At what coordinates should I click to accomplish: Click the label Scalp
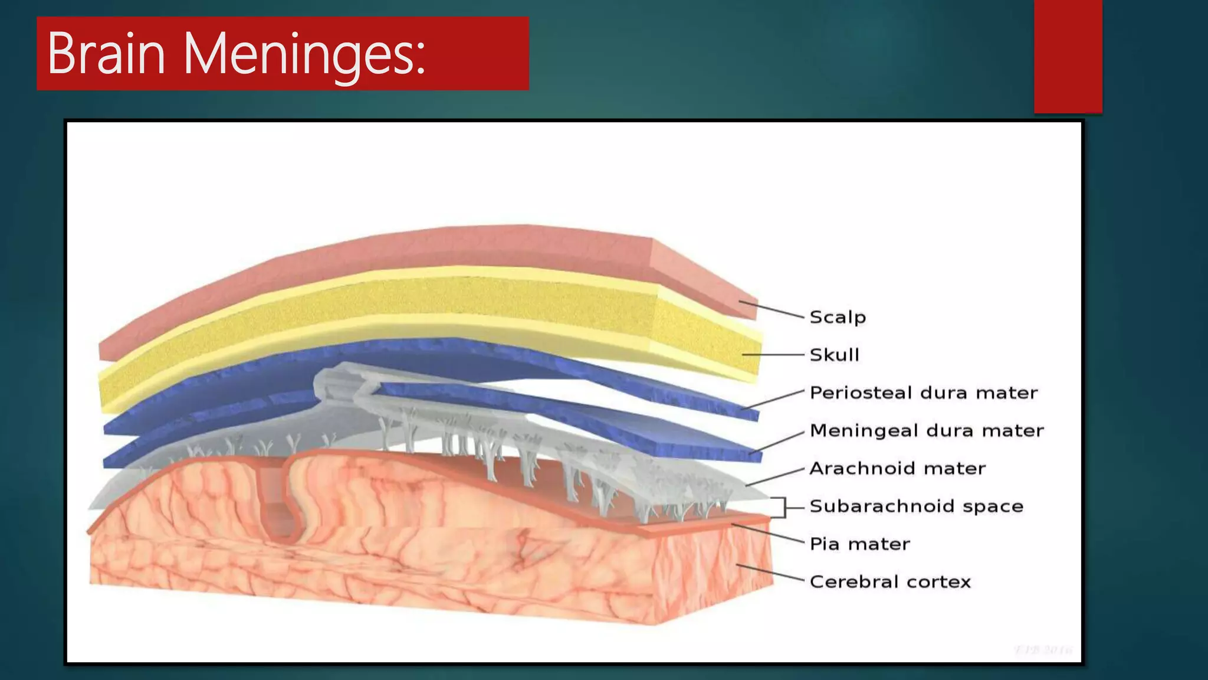coord(838,317)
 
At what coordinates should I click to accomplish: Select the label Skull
coord(834,355)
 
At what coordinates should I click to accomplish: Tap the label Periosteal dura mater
coord(923,393)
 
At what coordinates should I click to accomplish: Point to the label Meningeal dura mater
coord(926,430)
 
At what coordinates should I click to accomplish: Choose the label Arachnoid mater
coord(897,468)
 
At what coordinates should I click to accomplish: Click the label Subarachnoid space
coord(916,506)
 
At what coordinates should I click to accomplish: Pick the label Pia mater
coord(859,544)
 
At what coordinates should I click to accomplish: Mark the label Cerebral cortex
coord(889,581)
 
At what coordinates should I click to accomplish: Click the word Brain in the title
coord(106,54)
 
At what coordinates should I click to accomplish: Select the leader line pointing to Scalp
coord(772,309)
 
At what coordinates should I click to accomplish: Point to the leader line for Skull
coord(773,354)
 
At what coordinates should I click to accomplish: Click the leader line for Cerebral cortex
coord(770,573)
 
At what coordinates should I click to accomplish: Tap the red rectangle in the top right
coord(1068,56)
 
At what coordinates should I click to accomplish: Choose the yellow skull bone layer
coord(413,301)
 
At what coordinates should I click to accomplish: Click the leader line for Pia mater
coord(767,533)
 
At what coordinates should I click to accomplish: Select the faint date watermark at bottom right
coord(1043,650)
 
